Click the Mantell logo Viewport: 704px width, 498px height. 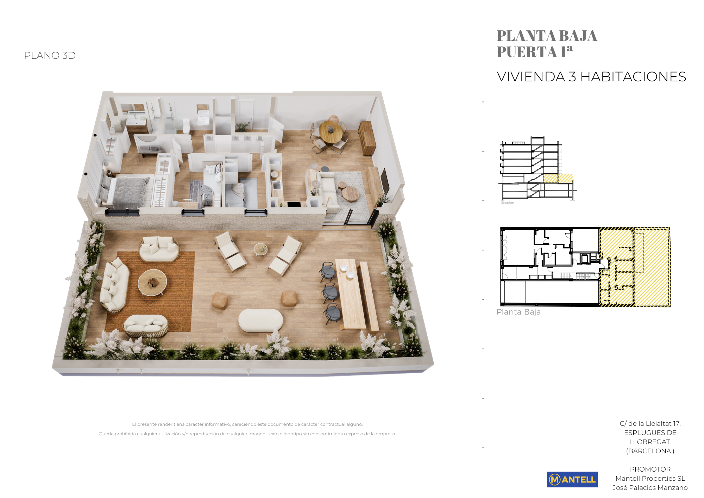pyautogui.click(x=572, y=479)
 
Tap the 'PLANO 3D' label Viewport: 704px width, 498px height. pyautogui.click(x=50, y=56)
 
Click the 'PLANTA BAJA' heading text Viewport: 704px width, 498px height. pyautogui.click(x=547, y=36)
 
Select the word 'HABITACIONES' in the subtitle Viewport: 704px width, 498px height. pyautogui.click(x=633, y=77)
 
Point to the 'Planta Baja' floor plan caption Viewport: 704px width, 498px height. pyautogui.click(x=518, y=312)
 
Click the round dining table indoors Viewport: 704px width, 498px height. pyautogui.click(x=330, y=132)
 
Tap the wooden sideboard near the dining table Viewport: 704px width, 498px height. pyautogui.click(x=367, y=138)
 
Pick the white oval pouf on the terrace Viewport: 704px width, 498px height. pyautogui.click(x=260, y=320)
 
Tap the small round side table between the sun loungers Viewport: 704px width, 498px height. pyautogui.click(x=261, y=249)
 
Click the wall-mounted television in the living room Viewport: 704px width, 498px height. pyautogui.click(x=384, y=181)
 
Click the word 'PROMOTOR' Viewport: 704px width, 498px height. pyautogui.click(x=650, y=469)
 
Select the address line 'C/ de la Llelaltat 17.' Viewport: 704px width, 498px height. pyautogui.click(x=650, y=424)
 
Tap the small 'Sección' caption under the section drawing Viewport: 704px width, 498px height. pyautogui.click(x=508, y=203)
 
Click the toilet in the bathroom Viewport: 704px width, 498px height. pyautogui.click(x=186, y=126)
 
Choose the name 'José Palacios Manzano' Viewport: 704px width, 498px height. pyautogui.click(x=650, y=488)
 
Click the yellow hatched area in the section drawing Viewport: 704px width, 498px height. pyautogui.click(x=558, y=178)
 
